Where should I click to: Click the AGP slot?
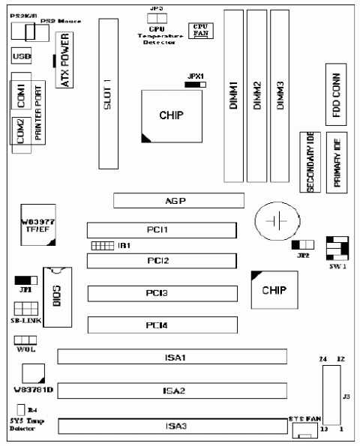(178, 200)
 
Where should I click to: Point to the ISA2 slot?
(172, 391)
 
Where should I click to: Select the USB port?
(21, 56)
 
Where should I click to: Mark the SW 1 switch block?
(337, 248)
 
